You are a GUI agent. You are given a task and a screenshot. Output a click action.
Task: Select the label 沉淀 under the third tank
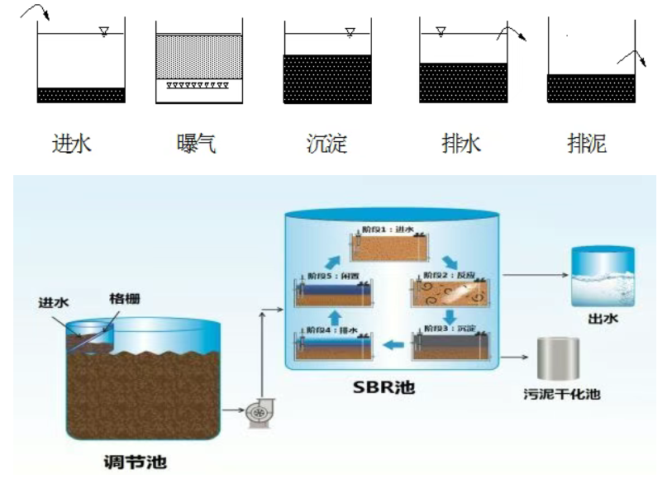[x=325, y=145]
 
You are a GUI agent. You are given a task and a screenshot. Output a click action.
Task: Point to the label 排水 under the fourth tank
[x=460, y=145]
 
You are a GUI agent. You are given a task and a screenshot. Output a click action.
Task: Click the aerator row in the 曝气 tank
[x=198, y=85]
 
